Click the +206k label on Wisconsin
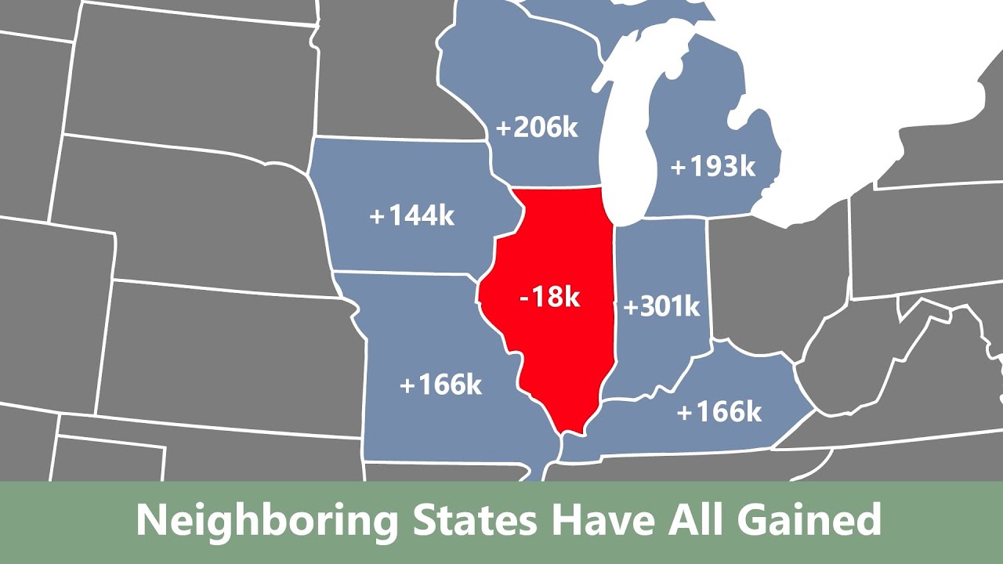click(x=537, y=127)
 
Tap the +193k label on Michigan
click(x=712, y=167)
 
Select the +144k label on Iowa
click(x=412, y=215)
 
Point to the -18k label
click(x=549, y=297)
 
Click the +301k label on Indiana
click(x=661, y=307)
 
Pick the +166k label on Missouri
click(x=440, y=385)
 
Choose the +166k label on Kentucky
click(x=719, y=411)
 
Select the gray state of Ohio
click(x=776, y=274)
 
